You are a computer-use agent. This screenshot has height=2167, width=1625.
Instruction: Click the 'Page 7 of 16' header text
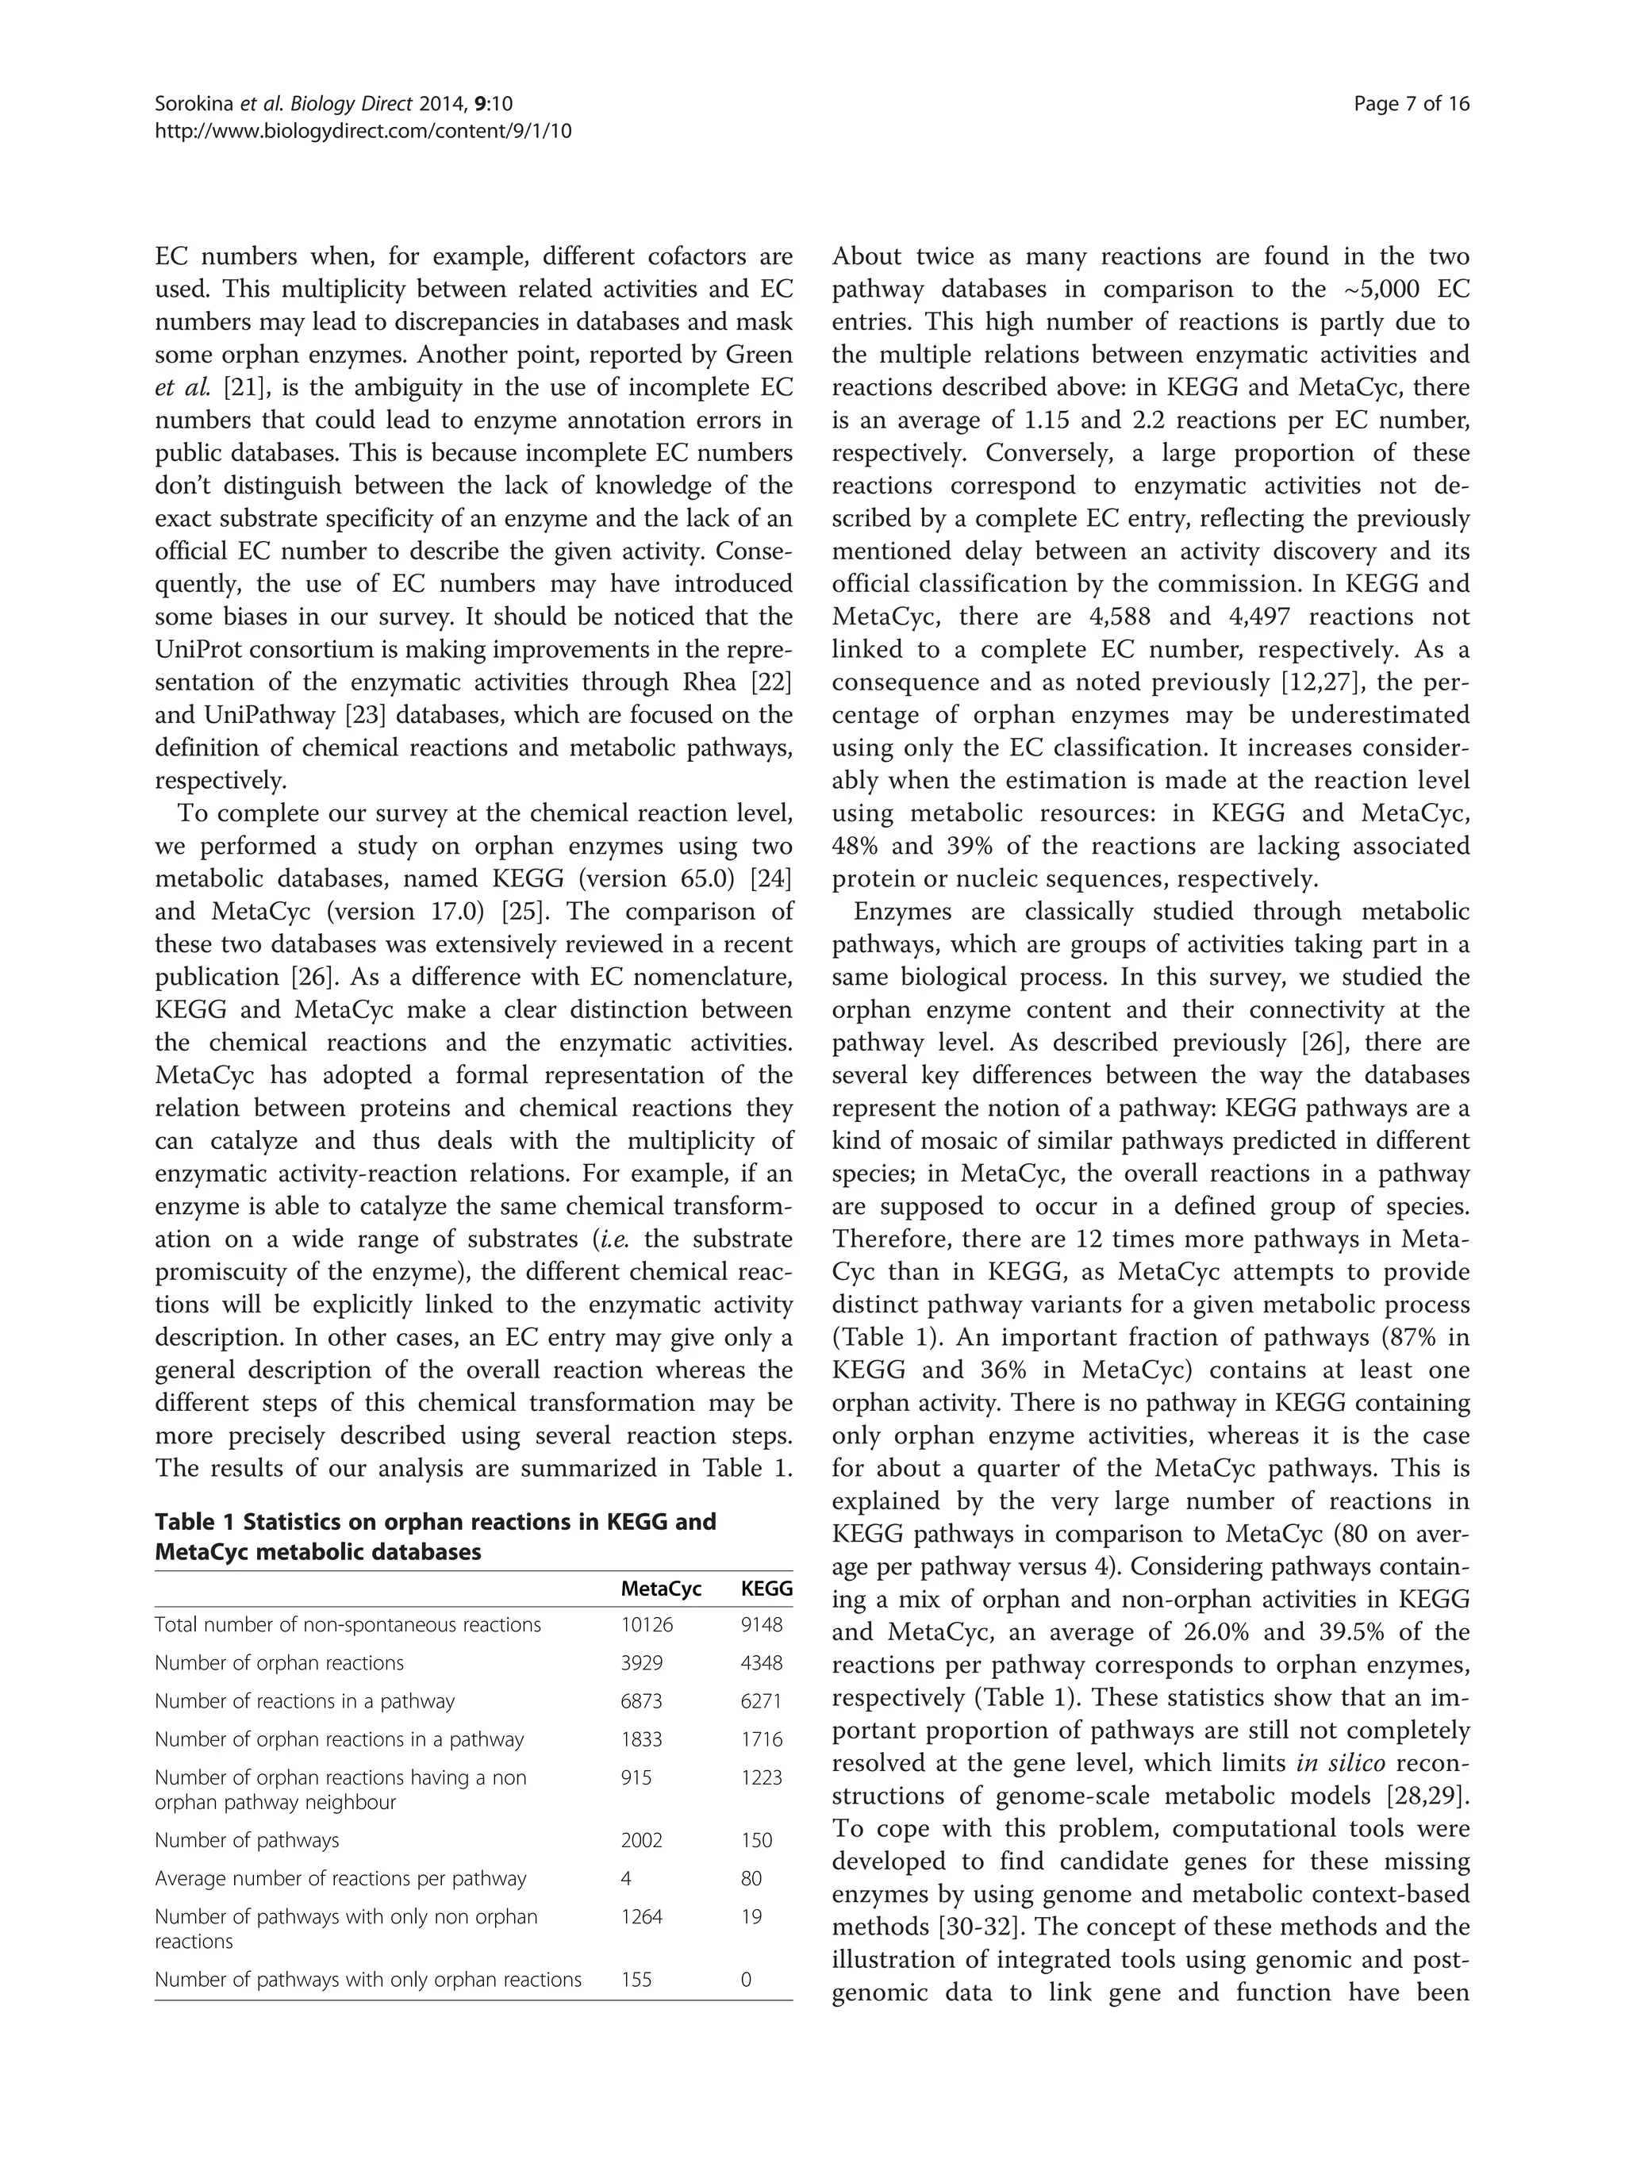click(1411, 104)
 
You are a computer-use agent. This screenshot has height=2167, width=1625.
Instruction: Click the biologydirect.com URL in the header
click(363, 130)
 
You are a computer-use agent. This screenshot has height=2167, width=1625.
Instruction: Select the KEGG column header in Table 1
click(766, 1588)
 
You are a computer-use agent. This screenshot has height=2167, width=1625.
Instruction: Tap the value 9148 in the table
click(761, 1625)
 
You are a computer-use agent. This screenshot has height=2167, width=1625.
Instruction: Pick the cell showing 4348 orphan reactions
click(761, 1663)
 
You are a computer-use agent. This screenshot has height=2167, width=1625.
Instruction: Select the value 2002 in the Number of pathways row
click(642, 1841)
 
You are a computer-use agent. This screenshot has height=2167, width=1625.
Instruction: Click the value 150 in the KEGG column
click(756, 1841)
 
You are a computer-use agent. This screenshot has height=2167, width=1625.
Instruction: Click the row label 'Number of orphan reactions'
click(279, 1663)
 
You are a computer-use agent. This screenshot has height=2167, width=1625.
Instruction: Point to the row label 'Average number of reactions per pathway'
click(340, 1879)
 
